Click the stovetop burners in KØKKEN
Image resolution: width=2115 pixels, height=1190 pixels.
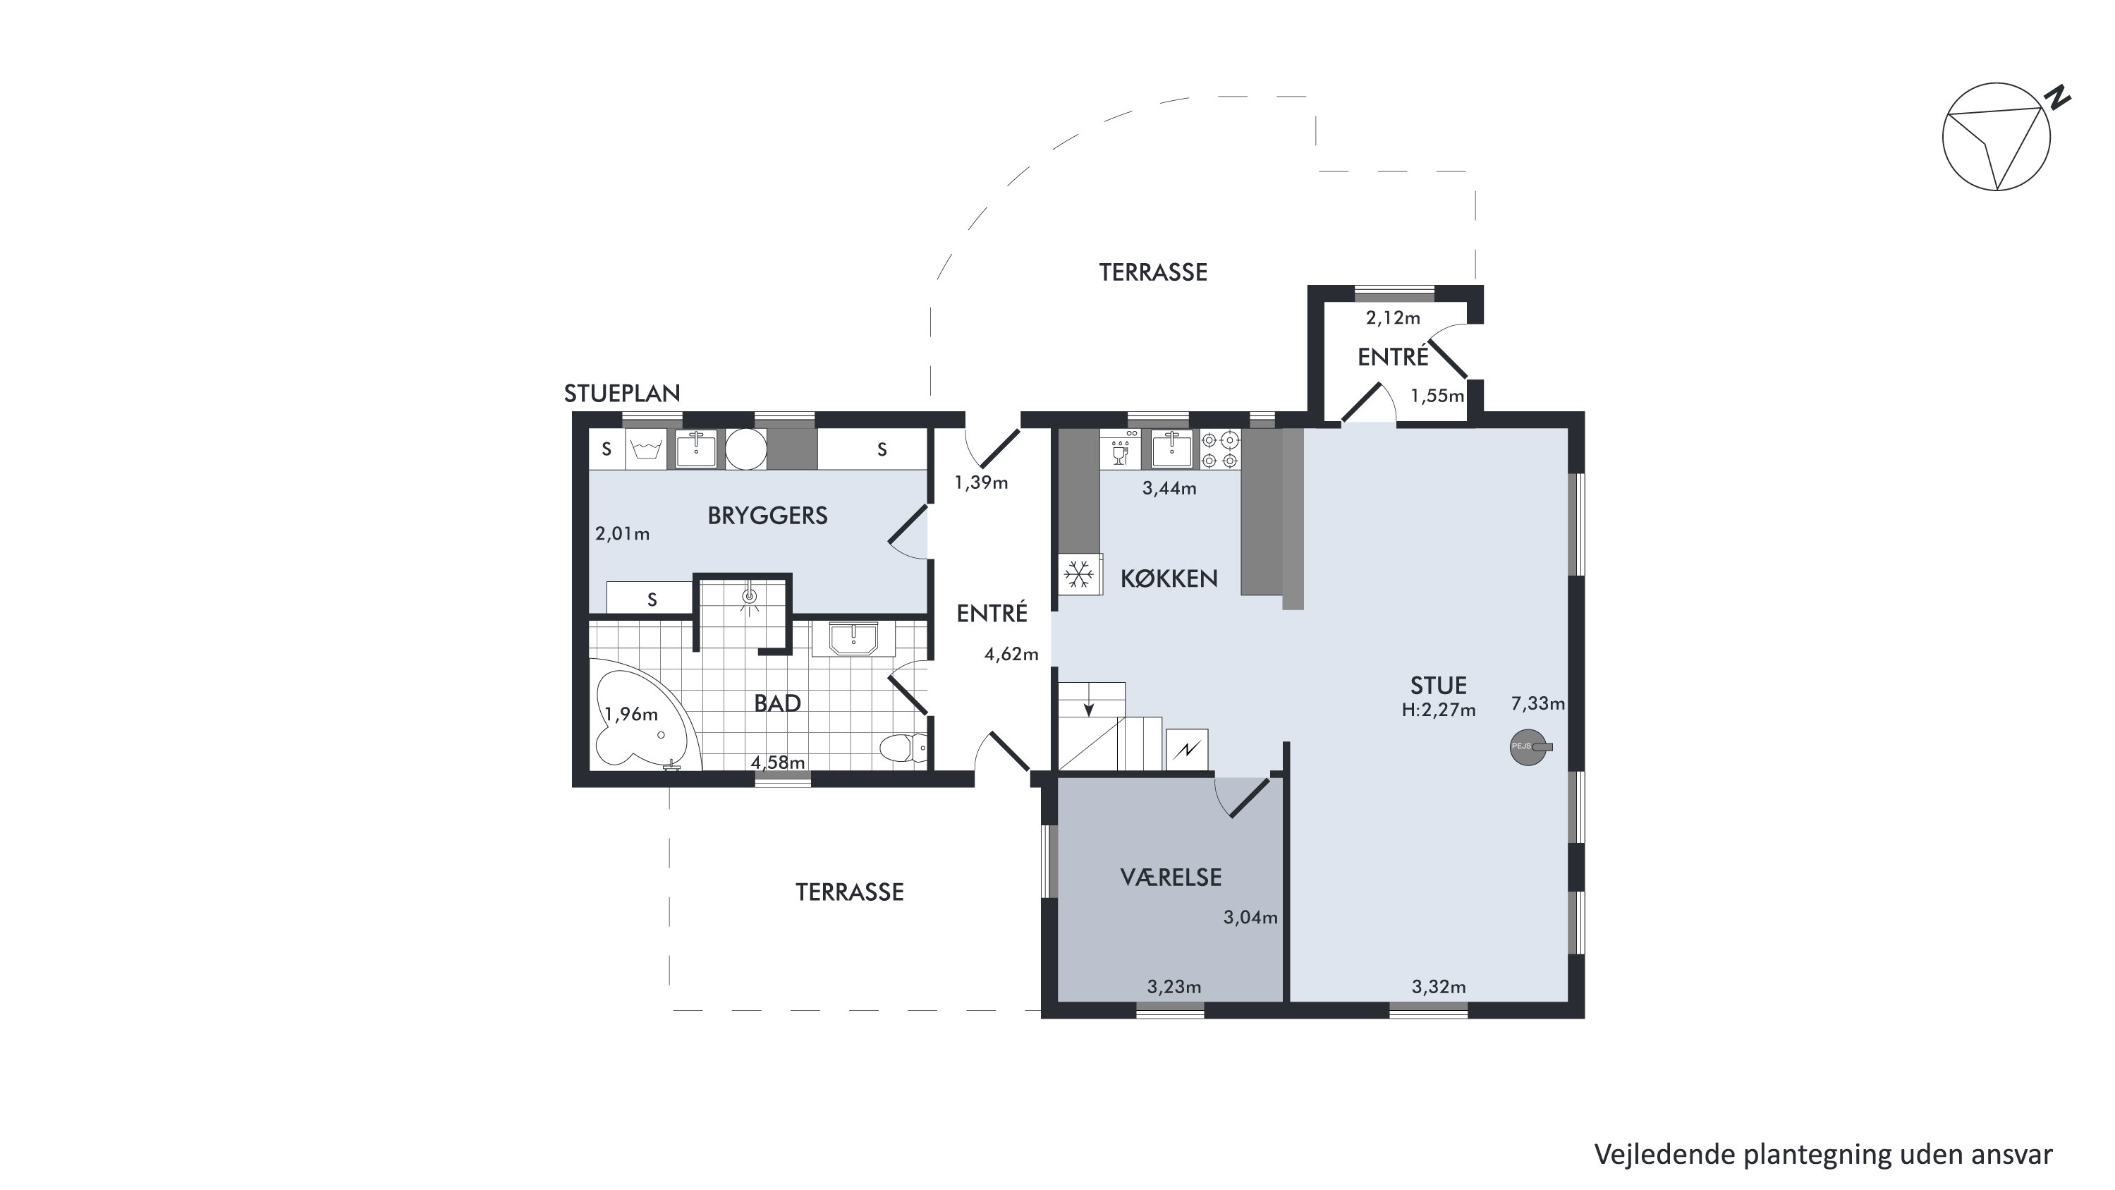pyautogui.click(x=1221, y=450)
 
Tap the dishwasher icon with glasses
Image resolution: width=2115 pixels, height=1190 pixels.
pyautogui.click(x=1120, y=450)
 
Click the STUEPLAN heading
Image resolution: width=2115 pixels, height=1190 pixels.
pyautogui.click(x=621, y=394)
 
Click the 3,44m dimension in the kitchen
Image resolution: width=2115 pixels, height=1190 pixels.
pyautogui.click(x=1169, y=489)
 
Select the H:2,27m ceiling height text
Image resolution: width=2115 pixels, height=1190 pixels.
pyautogui.click(x=1439, y=710)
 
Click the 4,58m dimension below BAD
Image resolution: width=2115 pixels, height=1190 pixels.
pyautogui.click(x=779, y=762)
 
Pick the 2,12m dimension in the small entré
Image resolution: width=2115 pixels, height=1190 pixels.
pyautogui.click(x=1392, y=318)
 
